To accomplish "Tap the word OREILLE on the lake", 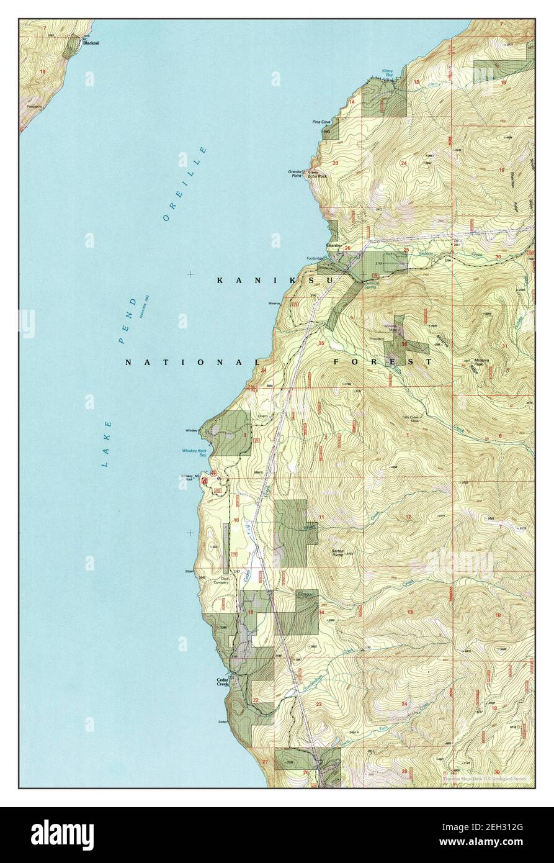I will coord(184,184).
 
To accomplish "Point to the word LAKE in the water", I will coord(107,443).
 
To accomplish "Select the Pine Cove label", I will coord(321,122).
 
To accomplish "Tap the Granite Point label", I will coord(295,173).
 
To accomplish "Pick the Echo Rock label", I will coord(317,176).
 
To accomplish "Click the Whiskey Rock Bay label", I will coord(194,453).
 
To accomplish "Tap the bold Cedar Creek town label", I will coord(223,682).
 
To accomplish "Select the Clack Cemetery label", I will coord(221,580).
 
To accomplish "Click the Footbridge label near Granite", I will coord(315,258).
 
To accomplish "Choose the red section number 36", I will coord(404,343).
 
